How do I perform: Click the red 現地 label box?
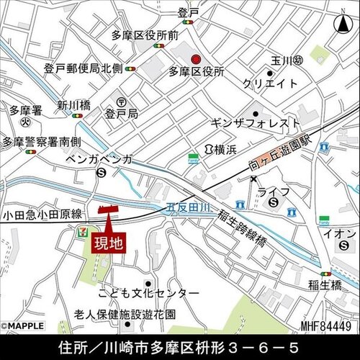coord(109,243)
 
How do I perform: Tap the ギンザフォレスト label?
coord(255,123)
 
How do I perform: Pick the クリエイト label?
coord(270,84)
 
